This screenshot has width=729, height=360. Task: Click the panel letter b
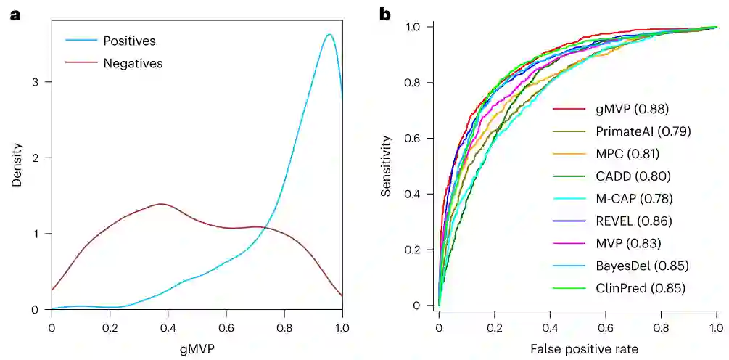click(x=386, y=14)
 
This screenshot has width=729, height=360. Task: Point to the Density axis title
click(x=17, y=166)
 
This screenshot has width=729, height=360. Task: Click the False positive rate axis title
click(x=584, y=349)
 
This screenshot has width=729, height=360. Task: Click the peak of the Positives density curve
click(x=329, y=34)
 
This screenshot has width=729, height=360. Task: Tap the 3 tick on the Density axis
click(x=37, y=82)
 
